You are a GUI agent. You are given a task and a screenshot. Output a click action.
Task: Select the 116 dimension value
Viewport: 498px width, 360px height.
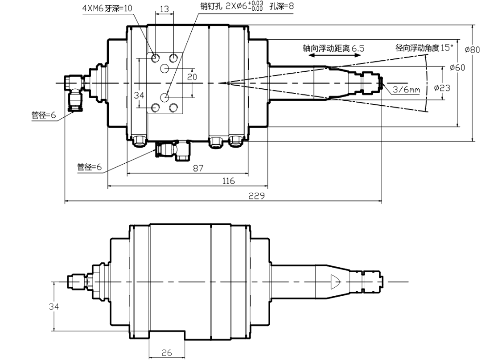[228, 181]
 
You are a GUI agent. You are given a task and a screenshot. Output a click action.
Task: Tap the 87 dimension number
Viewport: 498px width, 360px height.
[198, 168]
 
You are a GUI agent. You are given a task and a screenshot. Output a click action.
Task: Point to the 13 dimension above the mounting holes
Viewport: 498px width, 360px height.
[164, 9]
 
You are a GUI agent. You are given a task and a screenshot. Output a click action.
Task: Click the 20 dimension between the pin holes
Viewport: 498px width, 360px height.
[192, 77]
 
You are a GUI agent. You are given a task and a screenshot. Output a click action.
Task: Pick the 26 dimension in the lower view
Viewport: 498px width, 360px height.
[166, 352]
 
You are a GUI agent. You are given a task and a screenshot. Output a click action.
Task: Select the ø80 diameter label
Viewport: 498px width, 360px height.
[472, 50]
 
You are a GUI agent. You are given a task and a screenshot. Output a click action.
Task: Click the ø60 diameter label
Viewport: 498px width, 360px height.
[457, 67]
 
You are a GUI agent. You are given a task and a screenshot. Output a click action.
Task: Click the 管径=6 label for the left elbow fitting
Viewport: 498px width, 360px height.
[44, 115]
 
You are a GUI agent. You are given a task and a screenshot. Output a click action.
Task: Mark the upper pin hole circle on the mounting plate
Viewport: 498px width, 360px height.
[165, 68]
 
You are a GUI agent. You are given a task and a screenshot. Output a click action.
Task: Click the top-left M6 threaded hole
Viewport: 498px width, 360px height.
[156, 58]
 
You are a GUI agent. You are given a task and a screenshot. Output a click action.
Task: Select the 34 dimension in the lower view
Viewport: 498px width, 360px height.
[54, 306]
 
